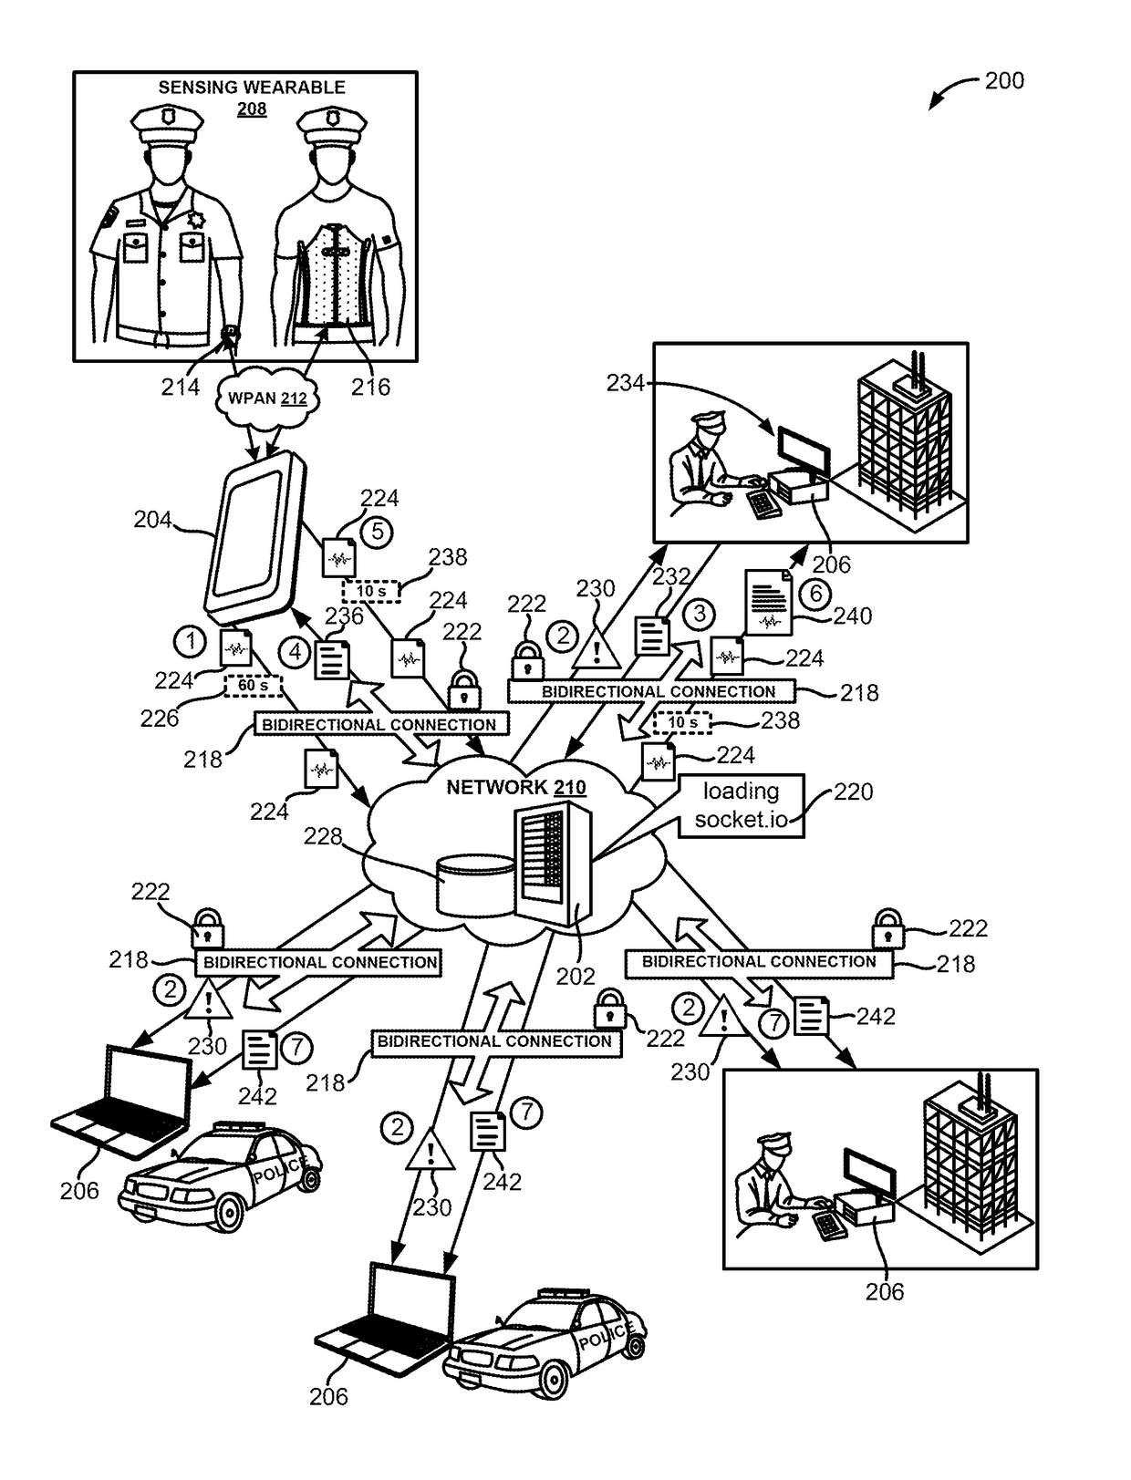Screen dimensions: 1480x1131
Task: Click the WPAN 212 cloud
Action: click(267, 398)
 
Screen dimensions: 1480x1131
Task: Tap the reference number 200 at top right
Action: click(1004, 81)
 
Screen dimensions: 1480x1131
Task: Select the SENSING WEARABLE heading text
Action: click(252, 88)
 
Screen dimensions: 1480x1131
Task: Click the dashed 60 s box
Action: click(253, 686)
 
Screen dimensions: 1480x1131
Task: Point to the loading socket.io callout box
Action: click(741, 805)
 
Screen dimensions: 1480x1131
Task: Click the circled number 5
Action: click(378, 531)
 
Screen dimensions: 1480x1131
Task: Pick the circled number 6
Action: click(816, 595)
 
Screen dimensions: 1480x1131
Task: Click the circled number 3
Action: click(700, 614)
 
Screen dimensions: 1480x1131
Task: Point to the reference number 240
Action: click(852, 616)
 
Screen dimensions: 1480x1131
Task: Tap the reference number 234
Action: click(626, 384)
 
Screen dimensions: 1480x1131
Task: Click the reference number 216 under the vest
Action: click(370, 388)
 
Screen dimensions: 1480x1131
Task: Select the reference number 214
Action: click(181, 388)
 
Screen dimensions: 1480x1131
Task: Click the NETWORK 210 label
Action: click(515, 788)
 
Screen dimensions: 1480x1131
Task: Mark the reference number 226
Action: click(159, 719)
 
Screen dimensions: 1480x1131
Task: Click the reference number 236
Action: click(344, 616)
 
